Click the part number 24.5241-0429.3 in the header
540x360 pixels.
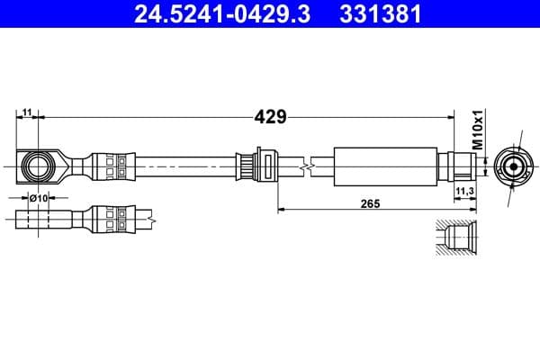point(220,15)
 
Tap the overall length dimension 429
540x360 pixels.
point(269,116)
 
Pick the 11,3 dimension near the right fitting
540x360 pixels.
point(464,192)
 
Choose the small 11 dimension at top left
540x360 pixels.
point(28,112)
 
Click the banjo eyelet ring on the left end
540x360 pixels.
point(38,166)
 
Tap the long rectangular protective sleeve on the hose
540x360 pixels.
point(385,166)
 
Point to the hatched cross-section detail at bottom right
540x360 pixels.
point(455,240)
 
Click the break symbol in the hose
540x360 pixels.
point(309,166)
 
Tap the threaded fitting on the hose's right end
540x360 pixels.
point(458,166)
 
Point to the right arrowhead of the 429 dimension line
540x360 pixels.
point(447,116)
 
